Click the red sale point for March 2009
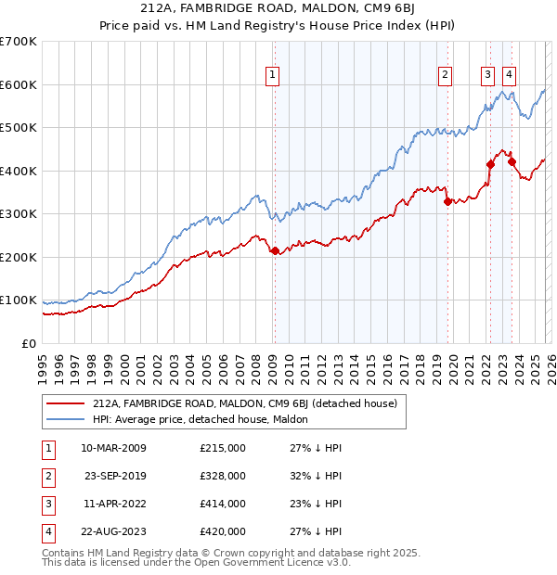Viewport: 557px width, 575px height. click(274, 250)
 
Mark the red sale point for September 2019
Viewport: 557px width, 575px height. click(447, 201)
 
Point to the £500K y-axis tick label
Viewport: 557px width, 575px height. click(18, 128)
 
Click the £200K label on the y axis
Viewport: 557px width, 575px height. click(18, 257)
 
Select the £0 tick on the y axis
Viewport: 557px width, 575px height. click(28, 343)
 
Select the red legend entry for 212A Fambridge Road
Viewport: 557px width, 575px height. click(244, 403)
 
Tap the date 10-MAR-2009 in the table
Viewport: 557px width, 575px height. click(113, 448)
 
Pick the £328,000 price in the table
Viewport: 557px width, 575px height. click(222, 476)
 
